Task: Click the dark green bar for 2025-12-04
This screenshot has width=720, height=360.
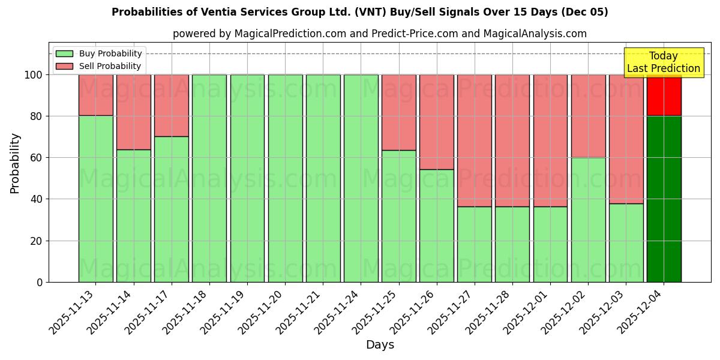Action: [x=664, y=199]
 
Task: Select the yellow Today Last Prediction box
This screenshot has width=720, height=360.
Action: [x=664, y=62]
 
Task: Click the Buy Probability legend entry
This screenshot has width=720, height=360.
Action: [x=99, y=53]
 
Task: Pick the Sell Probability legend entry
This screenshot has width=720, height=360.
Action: [x=99, y=66]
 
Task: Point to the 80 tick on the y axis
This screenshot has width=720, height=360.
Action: [x=36, y=116]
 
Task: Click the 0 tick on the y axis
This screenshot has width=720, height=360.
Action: [x=40, y=282]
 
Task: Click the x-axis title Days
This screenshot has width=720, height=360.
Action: [x=380, y=345]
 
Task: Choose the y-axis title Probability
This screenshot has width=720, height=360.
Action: [x=15, y=163]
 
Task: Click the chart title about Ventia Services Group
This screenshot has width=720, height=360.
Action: [x=359, y=12]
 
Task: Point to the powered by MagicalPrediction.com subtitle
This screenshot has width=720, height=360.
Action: [x=379, y=34]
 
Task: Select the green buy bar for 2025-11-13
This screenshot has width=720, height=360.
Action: [x=95, y=199]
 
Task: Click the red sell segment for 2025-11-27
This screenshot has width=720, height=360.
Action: [x=475, y=140]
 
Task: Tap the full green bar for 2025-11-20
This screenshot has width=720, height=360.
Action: [x=285, y=178]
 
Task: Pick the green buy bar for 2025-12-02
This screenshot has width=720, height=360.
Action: [x=588, y=220]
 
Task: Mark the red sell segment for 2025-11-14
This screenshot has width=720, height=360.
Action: [x=133, y=112]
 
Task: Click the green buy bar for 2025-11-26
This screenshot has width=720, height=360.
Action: [x=436, y=226]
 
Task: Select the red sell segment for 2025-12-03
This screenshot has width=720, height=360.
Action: [x=626, y=139]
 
